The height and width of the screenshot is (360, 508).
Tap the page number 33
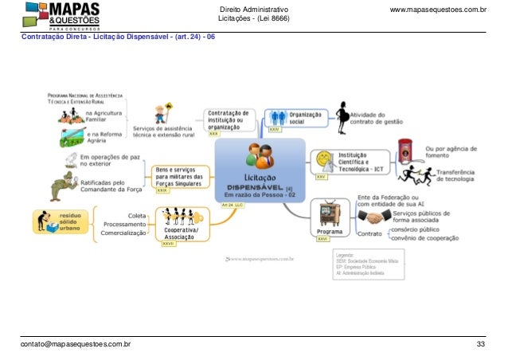pos(480,345)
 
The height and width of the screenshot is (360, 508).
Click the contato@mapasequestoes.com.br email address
pos(76,345)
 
